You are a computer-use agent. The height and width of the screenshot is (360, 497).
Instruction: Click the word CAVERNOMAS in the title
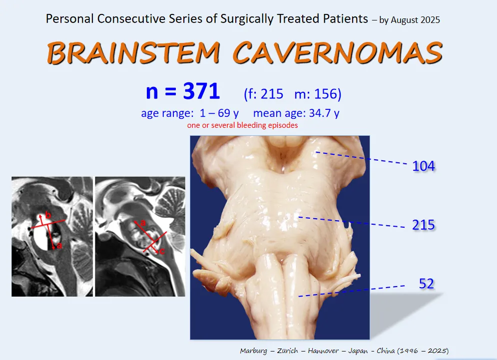coord(338,52)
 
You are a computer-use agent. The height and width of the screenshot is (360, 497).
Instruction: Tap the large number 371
coord(201,91)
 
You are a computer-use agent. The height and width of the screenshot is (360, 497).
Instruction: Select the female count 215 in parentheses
coord(272,94)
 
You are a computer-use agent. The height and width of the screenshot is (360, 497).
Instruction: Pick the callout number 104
coord(424,166)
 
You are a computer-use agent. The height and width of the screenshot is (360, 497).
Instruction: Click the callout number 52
coord(426,284)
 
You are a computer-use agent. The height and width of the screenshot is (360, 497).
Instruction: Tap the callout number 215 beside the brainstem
coord(424,225)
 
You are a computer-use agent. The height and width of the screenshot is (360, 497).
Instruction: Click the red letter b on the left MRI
coord(48,216)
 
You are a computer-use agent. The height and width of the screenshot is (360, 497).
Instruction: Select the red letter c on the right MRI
coord(162,251)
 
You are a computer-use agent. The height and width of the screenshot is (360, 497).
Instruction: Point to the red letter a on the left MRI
coord(59,246)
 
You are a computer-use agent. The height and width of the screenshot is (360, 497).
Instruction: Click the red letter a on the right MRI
coord(143,223)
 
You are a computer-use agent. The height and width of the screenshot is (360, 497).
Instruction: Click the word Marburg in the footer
coord(253,351)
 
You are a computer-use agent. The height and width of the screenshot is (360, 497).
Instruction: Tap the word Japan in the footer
coord(358,351)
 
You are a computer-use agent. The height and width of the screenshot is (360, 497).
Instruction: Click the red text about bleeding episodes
coord(242,125)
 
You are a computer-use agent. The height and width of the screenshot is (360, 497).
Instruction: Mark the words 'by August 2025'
coord(410,20)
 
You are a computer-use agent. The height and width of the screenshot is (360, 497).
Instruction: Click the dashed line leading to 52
coord(352,291)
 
